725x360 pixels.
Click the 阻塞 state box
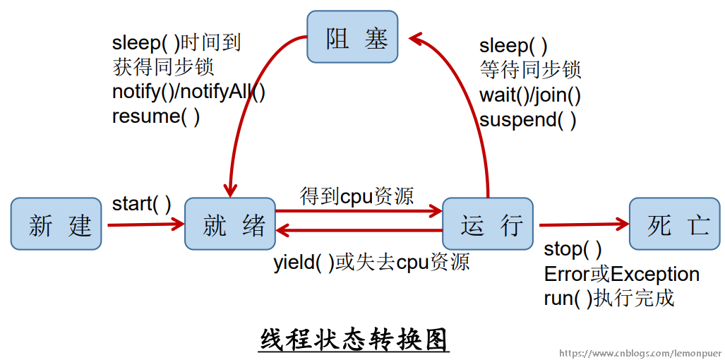coord(352,37)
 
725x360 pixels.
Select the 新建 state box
coord(56,224)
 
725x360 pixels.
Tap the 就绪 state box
coord(230,224)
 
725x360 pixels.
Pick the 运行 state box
coord(488,224)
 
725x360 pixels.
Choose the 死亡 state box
coord(674,224)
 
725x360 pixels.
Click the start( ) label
coord(141,205)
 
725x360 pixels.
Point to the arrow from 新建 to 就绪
coord(145,225)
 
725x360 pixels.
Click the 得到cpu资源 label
coord(356,196)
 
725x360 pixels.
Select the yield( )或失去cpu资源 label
coord(371,263)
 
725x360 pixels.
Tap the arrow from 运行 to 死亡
coord(582,225)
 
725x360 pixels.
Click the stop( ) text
coord(573,249)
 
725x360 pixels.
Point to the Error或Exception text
coord(621,274)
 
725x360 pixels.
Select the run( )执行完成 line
coord(609,298)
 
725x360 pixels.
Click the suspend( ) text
coord(527,119)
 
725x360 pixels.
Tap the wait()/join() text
coord(529,95)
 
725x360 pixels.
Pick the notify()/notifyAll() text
coord(188,92)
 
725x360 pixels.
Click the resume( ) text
coord(155,116)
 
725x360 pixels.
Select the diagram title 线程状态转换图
coord(354,340)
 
